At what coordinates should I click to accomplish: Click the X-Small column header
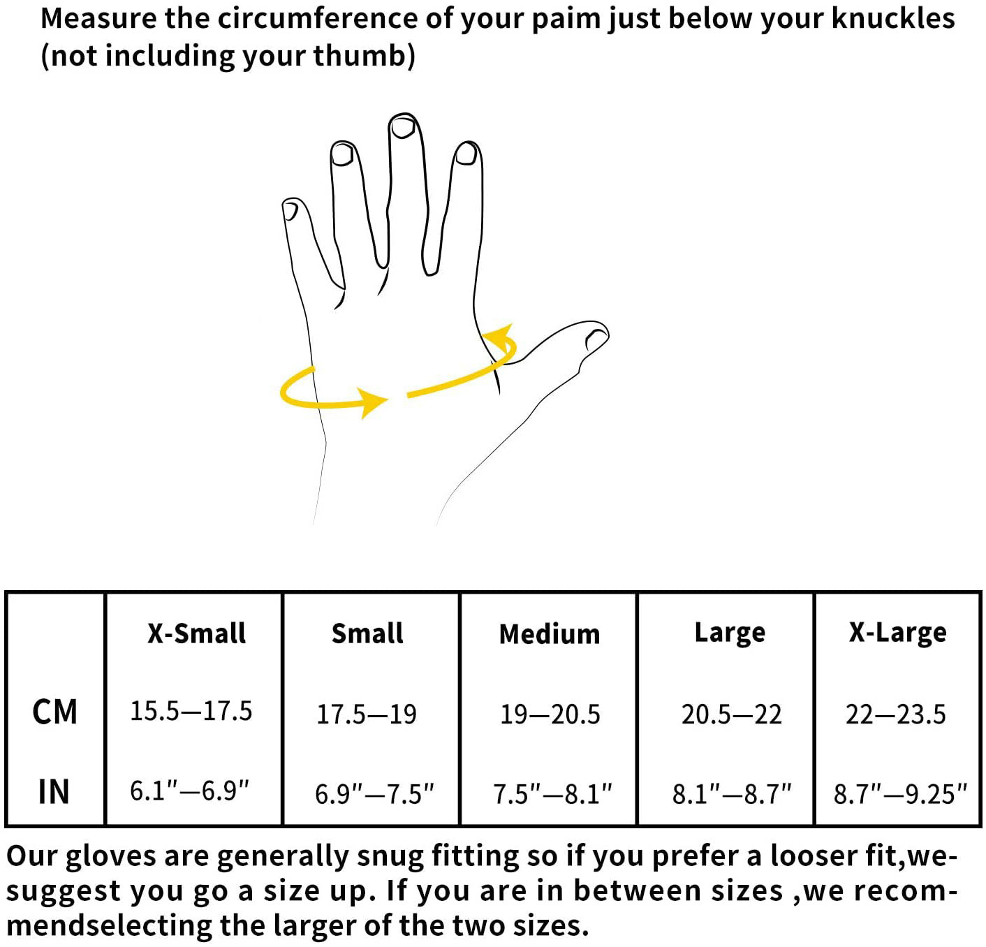tap(196, 633)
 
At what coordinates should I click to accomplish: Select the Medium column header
tap(550, 634)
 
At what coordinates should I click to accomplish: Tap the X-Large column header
tap(898, 633)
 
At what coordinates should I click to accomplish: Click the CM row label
tap(54, 712)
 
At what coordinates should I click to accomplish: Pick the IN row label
tap(54, 792)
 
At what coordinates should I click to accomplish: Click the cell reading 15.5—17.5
tap(191, 711)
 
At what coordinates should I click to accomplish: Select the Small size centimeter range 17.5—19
tap(367, 714)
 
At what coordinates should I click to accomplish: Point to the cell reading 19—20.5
tap(550, 714)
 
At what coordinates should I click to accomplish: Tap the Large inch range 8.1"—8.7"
tap(732, 794)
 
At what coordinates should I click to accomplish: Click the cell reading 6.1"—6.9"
tap(190, 791)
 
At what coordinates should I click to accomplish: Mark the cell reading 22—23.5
tap(896, 714)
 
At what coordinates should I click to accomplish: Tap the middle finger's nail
tap(402, 126)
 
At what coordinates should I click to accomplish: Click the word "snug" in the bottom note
tap(386, 856)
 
